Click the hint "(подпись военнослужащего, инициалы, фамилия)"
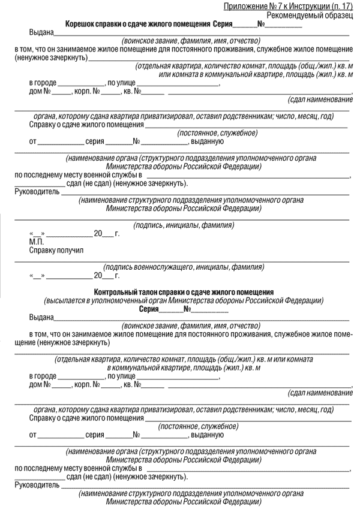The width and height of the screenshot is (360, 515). tap(183, 267)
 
